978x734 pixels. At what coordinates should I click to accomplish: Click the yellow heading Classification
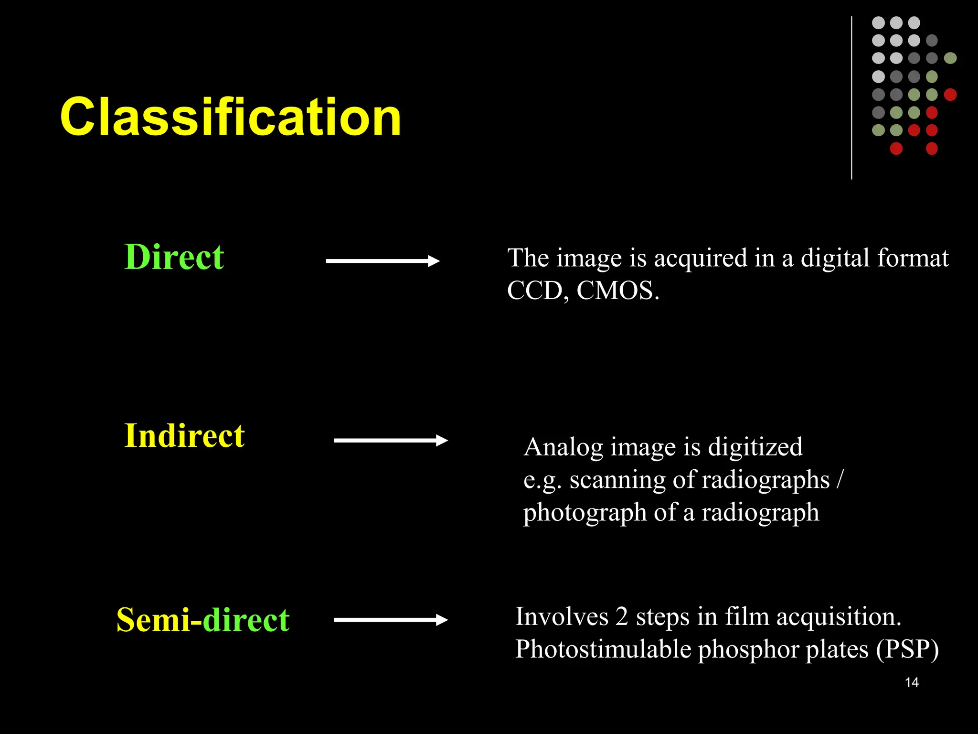click(x=230, y=117)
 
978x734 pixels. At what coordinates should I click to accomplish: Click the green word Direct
click(x=174, y=257)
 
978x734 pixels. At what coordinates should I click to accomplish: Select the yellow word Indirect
click(x=184, y=436)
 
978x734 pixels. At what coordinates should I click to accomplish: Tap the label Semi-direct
click(x=203, y=620)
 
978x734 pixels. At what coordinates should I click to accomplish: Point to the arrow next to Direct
click(x=383, y=261)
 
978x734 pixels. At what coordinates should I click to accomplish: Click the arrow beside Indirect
click(x=391, y=440)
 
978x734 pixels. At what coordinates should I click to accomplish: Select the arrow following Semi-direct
click(x=391, y=620)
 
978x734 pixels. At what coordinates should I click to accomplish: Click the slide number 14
click(x=912, y=682)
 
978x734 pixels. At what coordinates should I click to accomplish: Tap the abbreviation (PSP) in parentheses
click(x=907, y=650)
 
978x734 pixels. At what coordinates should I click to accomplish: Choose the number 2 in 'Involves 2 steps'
click(x=621, y=616)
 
